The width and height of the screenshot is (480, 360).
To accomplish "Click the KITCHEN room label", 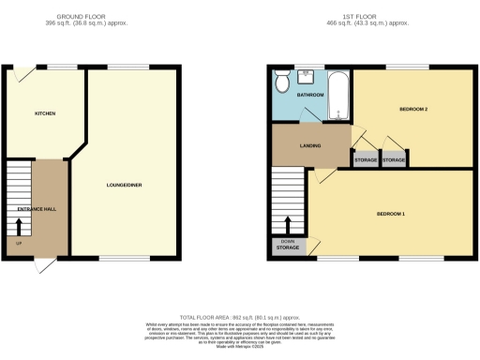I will tap(45, 113).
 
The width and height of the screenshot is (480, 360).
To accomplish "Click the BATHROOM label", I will tap(310, 96).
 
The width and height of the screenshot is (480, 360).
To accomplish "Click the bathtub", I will tap(338, 97).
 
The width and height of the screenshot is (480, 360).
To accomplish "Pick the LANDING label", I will tap(310, 145).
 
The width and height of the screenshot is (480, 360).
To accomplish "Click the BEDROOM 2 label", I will tap(413, 110).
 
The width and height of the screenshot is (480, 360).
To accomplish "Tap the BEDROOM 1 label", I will tap(391, 214).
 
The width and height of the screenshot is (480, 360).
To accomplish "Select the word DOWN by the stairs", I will tap(288, 241).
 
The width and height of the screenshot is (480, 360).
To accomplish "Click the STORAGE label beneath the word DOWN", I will tap(288, 247).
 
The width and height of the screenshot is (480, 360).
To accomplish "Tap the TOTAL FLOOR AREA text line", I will tap(240, 318).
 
